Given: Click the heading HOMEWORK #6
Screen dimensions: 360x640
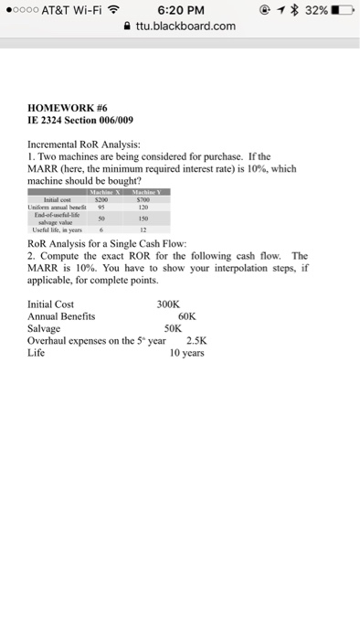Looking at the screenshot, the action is pos(69,107).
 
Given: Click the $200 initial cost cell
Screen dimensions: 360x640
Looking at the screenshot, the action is pos(115,198).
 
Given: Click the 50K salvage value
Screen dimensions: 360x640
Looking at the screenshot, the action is pos(174,327).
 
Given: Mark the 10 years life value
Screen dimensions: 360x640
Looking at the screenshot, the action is pos(187,351).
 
